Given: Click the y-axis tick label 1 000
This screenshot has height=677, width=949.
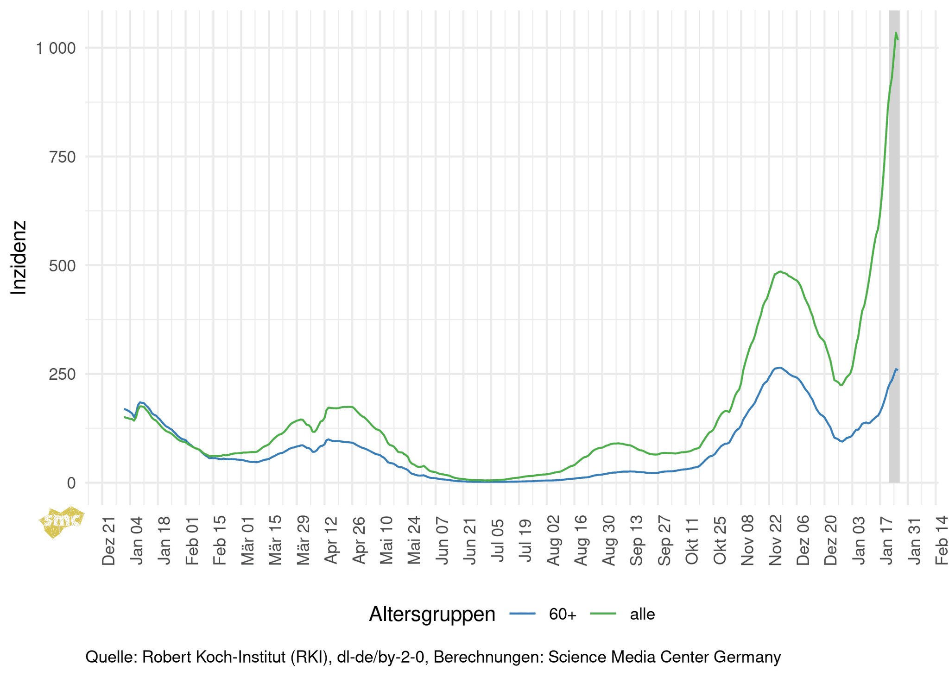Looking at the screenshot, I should pyautogui.click(x=56, y=48).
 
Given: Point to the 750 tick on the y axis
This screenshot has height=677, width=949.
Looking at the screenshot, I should pyautogui.click(x=62, y=157).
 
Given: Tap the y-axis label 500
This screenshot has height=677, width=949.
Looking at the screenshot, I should pyautogui.click(x=62, y=266).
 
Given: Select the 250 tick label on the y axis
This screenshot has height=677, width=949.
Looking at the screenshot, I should pyautogui.click(x=62, y=375).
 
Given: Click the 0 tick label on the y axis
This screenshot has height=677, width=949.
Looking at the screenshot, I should pyautogui.click(x=71, y=483).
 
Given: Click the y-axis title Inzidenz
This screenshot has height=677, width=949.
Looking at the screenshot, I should pyautogui.click(x=19, y=257).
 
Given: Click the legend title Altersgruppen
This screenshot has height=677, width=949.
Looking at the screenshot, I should pyautogui.click(x=432, y=614).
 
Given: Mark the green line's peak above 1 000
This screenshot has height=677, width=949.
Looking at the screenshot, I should pyautogui.click(x=896, y=33).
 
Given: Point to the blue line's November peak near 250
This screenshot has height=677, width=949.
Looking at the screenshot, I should pyautogui.click(x=780, y=368).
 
